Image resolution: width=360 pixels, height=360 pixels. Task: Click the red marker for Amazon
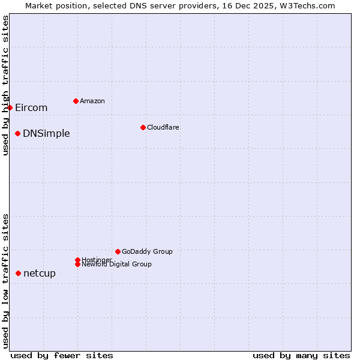click(x=76, y=101)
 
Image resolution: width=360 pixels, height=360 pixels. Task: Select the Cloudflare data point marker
click(x=143, y=127)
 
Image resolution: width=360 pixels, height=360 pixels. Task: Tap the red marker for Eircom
click(x=10, y=107)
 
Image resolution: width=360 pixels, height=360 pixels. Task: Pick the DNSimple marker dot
click(x=18, y=133)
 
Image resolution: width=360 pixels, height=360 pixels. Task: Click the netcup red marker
click(x=18, y=273)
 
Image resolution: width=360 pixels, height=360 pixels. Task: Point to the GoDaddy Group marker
click(x=118, y=251)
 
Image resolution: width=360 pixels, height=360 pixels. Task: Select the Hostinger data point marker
click(x=77, y=260)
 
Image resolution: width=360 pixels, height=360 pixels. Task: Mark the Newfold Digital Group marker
click(x=77, y=264)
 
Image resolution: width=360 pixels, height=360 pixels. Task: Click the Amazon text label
click(x=92, y=101)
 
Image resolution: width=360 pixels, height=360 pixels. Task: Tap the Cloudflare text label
click(x=163, y=127)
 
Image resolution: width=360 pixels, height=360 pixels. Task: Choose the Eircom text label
click(x=31, y=108)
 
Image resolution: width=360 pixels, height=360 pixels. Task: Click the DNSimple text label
click(x=46, y=133)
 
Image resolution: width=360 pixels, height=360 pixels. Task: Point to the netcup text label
click(x=40, y=274)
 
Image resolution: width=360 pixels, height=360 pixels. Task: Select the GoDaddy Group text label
click(x=147, y=251)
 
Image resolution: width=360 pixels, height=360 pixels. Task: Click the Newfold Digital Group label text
click(x=117, y=264)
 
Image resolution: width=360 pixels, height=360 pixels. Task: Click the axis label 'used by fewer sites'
click(x=62, y=355)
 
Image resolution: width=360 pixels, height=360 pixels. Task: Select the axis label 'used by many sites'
click(x=301, y=355)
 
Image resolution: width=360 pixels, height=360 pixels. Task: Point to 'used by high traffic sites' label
click(x=5, y=85)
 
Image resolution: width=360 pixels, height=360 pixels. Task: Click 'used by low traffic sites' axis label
click(x=5, y=280)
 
